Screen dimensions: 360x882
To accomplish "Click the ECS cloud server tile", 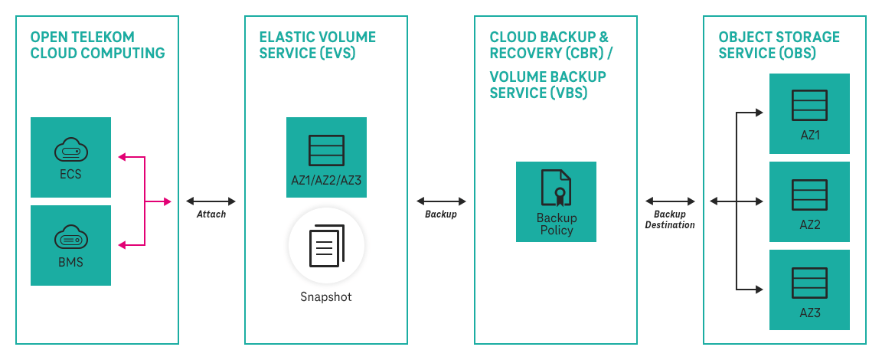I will [70, 157].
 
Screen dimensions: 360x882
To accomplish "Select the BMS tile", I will [70, 245].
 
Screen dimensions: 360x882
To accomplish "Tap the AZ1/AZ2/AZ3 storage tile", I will [326, 157].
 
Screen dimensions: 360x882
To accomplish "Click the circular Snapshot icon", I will [326, 247].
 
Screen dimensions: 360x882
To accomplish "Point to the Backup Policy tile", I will [556, 201].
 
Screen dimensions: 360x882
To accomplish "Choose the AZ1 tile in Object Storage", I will [809, 113].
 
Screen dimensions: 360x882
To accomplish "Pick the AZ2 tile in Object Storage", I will [809, 201].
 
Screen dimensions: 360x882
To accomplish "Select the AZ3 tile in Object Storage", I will [809, 290].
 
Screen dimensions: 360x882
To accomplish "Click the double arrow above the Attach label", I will [211, 201].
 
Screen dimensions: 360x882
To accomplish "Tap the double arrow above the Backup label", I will [440, 201].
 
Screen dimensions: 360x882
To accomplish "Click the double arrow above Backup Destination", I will [670, 201].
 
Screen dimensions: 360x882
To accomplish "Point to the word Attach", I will [211, 214].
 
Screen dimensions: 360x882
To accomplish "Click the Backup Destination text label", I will [670, 220].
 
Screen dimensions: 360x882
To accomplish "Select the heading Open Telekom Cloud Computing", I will [97, 45].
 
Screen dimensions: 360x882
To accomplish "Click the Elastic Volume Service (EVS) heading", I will [318, 45].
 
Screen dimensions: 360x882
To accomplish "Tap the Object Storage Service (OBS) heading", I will [779, 45].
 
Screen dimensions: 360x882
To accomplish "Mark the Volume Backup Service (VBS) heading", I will [547, 84].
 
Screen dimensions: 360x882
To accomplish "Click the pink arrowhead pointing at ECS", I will [121, 158].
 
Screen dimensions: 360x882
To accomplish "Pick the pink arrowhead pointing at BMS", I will [121, 245].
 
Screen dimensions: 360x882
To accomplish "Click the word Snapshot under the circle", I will [326, 297].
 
